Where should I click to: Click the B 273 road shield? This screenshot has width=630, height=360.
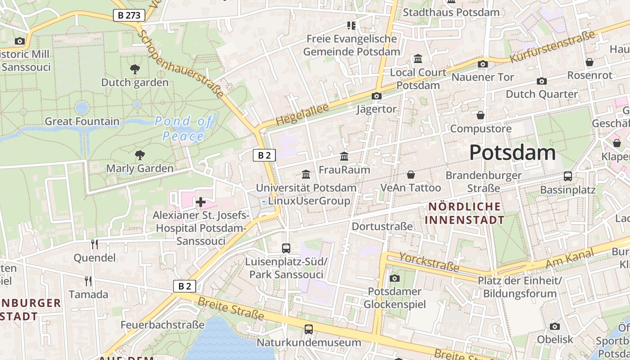[129, 15]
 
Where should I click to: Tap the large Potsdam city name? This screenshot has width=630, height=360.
[512, 153]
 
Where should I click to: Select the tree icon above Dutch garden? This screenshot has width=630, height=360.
[135, 69]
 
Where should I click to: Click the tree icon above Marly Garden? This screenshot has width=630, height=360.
[140, 155]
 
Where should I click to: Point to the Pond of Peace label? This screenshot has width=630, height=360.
[183, 128]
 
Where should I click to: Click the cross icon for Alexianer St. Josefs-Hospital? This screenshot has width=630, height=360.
[201, 202]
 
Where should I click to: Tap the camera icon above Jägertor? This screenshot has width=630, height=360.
[377, 96]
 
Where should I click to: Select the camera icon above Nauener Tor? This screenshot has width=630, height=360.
[483, 64]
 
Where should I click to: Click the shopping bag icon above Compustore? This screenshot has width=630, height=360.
[481, 116]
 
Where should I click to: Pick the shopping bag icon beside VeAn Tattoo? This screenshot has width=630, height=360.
[410, 175]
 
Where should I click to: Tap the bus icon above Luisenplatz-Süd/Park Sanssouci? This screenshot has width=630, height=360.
[286, 248]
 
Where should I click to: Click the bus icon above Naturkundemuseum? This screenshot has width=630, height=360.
[308, 329]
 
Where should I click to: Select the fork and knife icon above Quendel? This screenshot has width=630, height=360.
[94, 244]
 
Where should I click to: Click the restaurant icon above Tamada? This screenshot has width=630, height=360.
[88, 281]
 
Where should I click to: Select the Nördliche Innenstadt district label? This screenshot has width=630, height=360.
[464, 213]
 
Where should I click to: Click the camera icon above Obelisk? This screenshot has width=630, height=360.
[555, 326]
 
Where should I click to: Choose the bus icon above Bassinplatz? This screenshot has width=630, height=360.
[568, 176]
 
